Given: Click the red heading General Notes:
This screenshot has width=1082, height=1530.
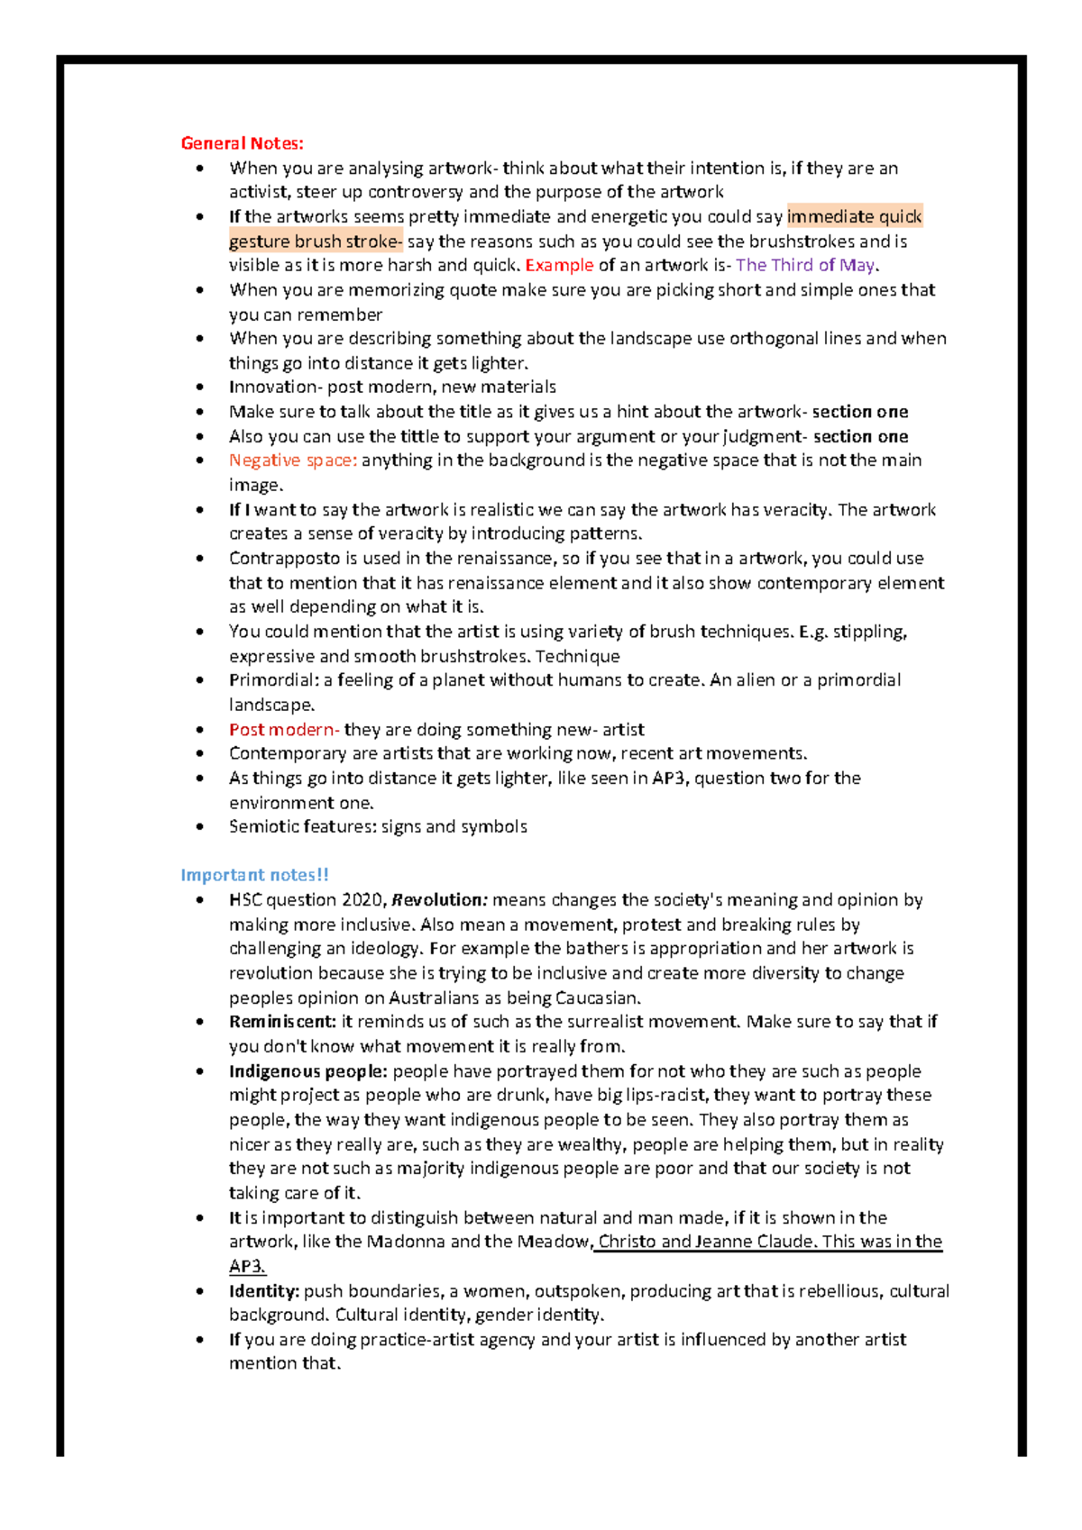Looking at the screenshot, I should (x=242, y=143).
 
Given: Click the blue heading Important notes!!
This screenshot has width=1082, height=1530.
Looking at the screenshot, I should (x=254, y=875).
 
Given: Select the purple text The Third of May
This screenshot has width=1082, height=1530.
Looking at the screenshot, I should (x=804, y=265).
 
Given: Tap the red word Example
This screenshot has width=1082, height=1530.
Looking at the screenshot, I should (x=559, y=265).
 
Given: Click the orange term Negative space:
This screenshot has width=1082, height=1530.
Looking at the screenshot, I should (x=293, y=460).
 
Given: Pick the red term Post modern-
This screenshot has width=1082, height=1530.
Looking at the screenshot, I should (x=283, y=729).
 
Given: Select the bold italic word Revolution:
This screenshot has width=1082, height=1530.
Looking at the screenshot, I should (x=440, y=899).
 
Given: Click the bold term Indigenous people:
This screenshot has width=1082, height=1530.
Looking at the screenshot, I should (x=307, y=1070).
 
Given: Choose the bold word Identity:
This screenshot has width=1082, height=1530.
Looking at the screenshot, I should (x=263, y=1290).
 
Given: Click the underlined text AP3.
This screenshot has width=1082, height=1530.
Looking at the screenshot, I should (x=246, y=1266).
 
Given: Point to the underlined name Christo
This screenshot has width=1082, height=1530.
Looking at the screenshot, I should (x=627, y=1242).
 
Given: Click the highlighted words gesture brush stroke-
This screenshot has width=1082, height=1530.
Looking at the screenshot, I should (x=315, y=241).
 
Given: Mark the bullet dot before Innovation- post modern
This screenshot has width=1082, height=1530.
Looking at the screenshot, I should (x=200, y=387).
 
